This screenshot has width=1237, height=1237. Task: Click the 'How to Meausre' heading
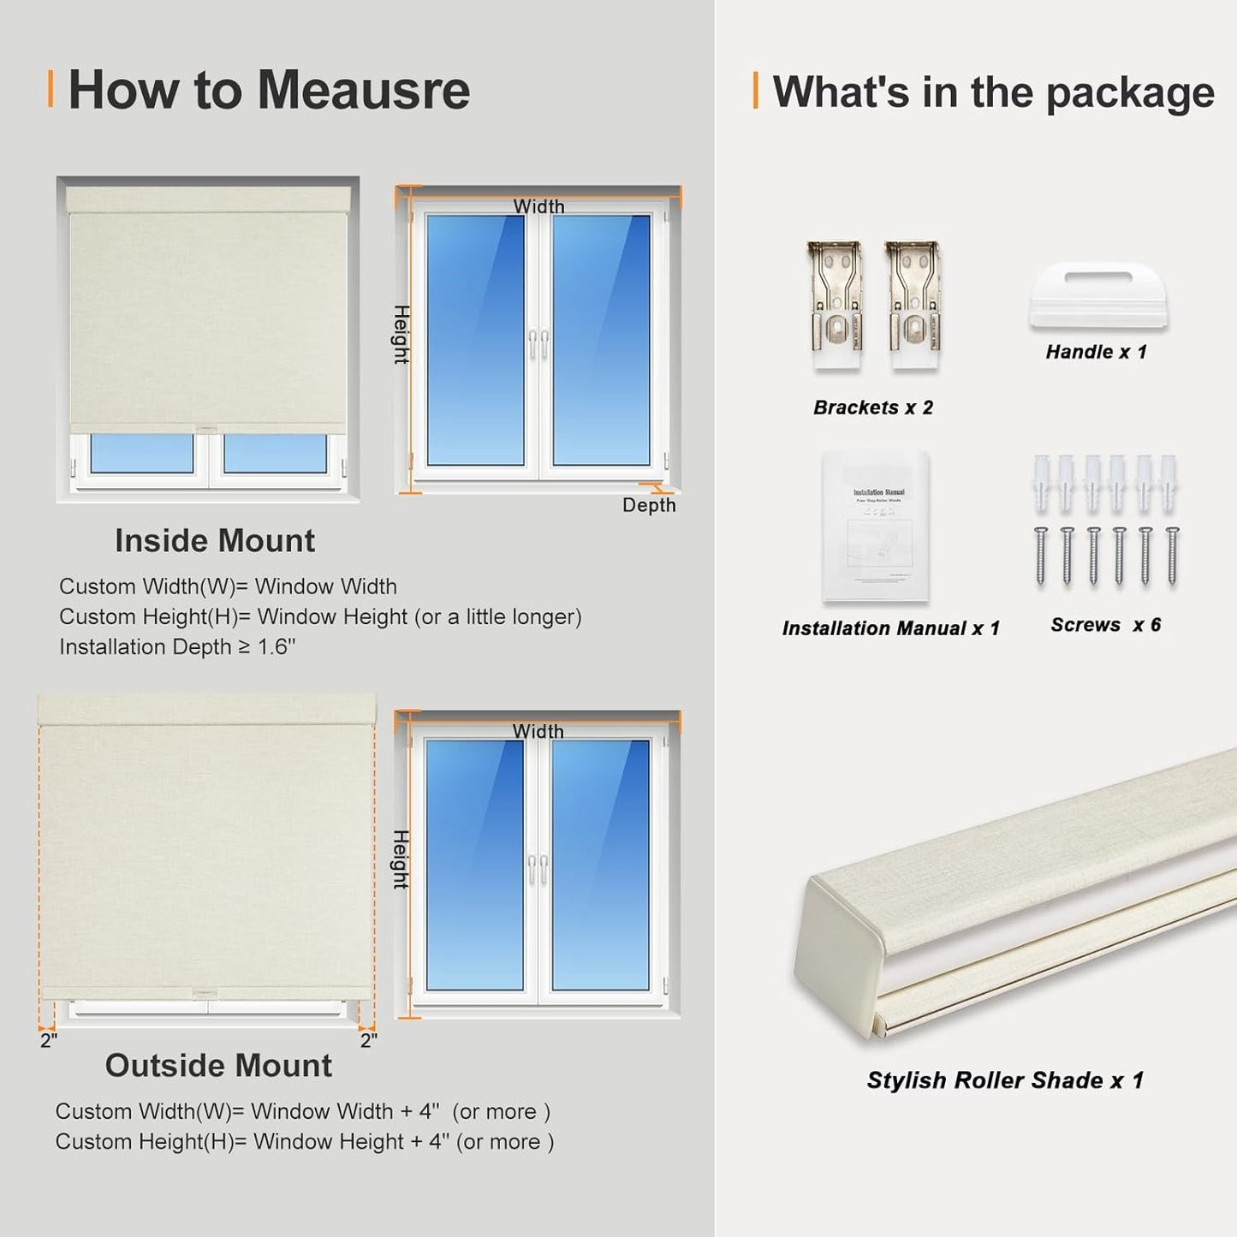(x=268, y=90)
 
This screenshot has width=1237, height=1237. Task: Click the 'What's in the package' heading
(x=992, y=92)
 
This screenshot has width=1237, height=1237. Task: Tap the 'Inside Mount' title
(x=215, y=541)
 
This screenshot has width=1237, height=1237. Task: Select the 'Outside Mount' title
(x=218, y=1066)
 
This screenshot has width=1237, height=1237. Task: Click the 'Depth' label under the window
(x=649, y=505)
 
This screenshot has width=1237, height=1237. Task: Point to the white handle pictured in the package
(x=1098, y=296)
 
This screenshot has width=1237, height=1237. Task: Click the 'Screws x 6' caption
(x=1105, y=625)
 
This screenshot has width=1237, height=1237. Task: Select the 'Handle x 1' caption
(x=1096, y=352)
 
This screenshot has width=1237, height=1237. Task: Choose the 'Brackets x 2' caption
(x=872, y=407)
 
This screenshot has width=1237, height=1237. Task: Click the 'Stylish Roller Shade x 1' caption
(x=1005, y=1080)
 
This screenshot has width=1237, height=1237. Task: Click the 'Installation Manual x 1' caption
(x=890, y=628)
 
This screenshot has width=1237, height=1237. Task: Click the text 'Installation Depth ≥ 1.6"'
(x=177, y=647)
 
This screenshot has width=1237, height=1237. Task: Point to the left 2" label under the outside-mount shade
(x=49, y=1041)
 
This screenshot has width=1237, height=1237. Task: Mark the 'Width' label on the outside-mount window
(x=538, y=731)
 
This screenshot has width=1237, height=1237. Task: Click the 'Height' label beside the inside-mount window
(x=401, y=334)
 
